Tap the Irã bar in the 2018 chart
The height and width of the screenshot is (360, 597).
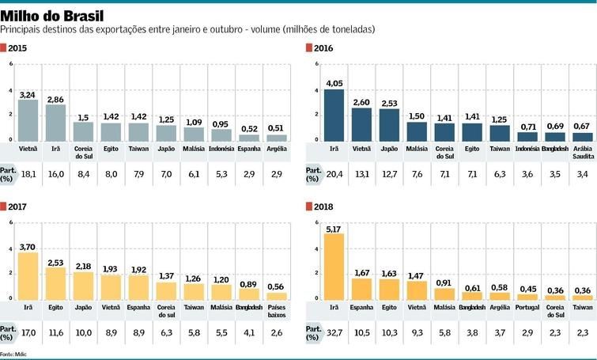tap(334, 266)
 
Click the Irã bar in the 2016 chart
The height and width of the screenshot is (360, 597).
tap(334, 115)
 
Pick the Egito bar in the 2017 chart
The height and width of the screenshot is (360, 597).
tap(55, 282)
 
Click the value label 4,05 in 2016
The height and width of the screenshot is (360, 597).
tap(334, 83)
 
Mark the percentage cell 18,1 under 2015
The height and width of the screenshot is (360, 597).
tap(28, 172)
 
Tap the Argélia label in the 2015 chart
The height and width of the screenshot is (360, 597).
tap(276, 148)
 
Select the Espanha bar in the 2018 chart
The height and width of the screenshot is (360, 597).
tap(361, 289)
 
